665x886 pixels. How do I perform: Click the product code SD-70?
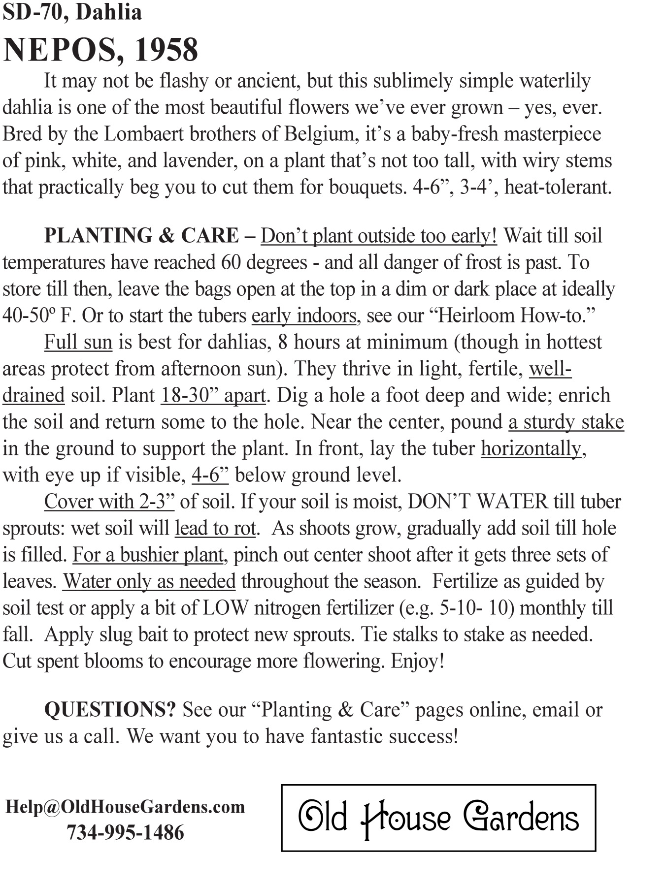(34, 12)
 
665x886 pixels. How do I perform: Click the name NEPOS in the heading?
(60, 50)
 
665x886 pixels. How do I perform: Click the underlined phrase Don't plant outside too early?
(378, 236)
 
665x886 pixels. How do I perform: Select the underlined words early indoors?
(303, 316)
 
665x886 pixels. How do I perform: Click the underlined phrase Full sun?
(78, 342)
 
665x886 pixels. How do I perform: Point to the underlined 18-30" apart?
(213, 395)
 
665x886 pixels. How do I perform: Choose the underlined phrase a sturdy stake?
(566, 422)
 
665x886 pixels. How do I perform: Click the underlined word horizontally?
(531, 448)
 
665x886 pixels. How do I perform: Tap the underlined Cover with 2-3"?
(109, 502)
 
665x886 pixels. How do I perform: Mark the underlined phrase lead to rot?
(216, 528)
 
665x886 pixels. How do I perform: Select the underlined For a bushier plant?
(148, 555)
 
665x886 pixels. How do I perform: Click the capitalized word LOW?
(226, 608)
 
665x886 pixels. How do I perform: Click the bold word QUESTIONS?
(110, 710)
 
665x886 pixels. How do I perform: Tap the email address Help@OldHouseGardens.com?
(125, 807)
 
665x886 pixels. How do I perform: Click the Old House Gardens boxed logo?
(438, 818)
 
